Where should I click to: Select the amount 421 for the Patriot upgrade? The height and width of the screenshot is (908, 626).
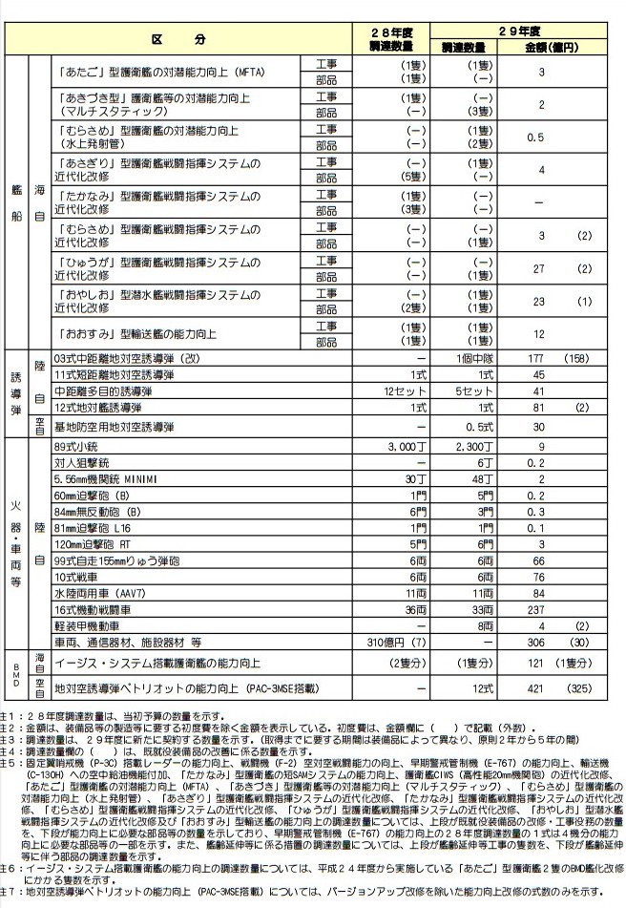point(541,686)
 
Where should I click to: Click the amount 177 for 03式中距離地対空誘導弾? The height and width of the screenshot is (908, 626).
point(541,357)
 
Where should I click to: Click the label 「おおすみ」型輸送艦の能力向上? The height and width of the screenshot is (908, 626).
point(143,334)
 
